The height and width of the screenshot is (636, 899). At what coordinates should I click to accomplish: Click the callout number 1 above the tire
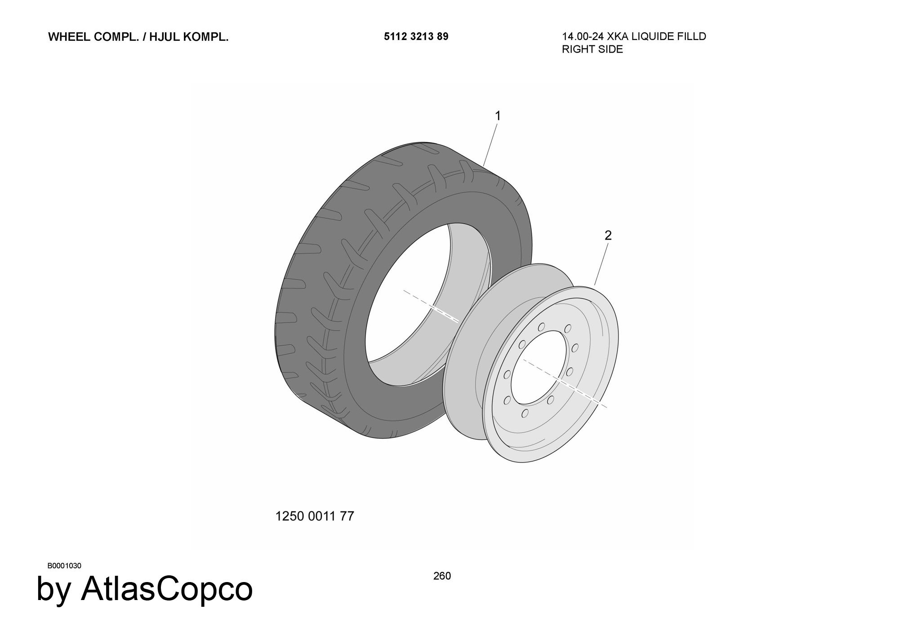[498, 116]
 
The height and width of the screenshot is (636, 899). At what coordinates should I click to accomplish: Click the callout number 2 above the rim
[608, 236]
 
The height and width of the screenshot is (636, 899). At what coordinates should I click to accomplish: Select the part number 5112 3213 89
[416, 37]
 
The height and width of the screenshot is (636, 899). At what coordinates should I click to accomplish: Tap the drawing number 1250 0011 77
[315, 516]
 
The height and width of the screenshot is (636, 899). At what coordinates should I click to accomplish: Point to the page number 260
[442, 576]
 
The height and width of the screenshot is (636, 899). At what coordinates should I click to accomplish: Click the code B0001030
[64, 566]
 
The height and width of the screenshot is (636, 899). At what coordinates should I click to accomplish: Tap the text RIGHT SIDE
[592, 49]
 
